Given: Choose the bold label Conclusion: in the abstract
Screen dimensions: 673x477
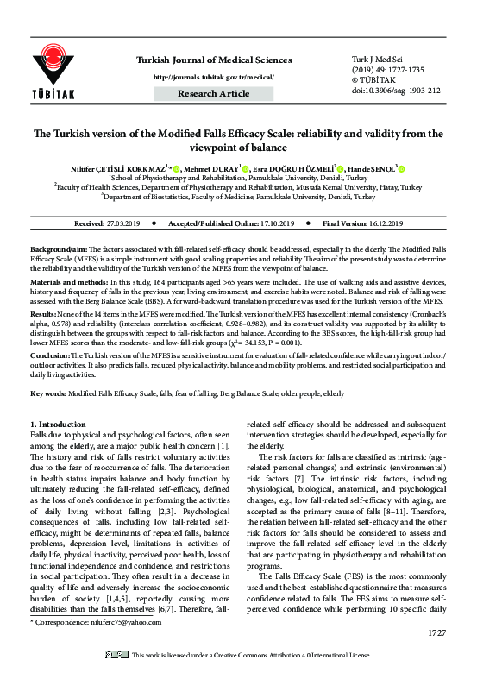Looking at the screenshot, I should tap(53, 356).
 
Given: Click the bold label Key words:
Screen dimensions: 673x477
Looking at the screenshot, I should tap(50, 393).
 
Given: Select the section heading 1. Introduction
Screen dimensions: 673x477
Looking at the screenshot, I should tap(60, 424).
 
